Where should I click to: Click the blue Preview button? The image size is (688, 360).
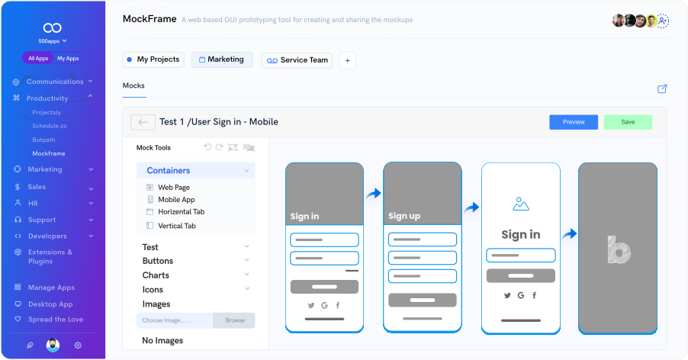[574, 122]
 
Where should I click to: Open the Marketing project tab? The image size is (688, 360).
[222, 59]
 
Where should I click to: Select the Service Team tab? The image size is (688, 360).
[297, 60]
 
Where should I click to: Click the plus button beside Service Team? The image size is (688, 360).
[347, 60]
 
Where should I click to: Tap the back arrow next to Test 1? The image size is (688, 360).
[143, 122]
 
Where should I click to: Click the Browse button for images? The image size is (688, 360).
[234, 320]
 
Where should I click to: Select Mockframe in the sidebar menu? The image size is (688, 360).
[49, 153]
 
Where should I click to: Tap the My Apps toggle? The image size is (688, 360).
[68, 58]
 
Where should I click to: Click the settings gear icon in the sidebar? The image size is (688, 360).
[78, 345]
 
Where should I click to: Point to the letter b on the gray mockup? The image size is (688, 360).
[619, 249]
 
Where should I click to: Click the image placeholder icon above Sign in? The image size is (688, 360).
[521, 204]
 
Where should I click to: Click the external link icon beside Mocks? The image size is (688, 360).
[662, 88]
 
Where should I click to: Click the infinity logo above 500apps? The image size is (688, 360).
[52, 27]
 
